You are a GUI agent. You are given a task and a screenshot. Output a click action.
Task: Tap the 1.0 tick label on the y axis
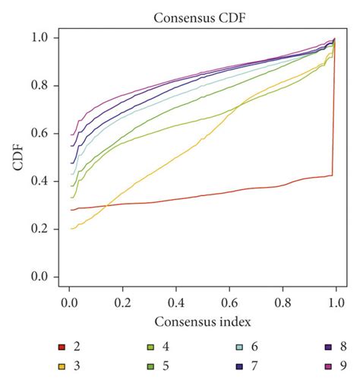(38, 38)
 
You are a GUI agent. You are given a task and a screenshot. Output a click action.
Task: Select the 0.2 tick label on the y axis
(38, 229)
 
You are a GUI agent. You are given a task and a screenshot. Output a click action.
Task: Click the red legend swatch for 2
(62, 348)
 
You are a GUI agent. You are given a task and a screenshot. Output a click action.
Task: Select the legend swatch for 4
(150, 348)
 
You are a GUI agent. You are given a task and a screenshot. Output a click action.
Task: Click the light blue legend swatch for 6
(239, 348)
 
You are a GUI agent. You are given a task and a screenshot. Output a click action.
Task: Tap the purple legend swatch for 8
(328, 348)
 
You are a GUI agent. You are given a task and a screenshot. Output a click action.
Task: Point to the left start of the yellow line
(71, 228)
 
